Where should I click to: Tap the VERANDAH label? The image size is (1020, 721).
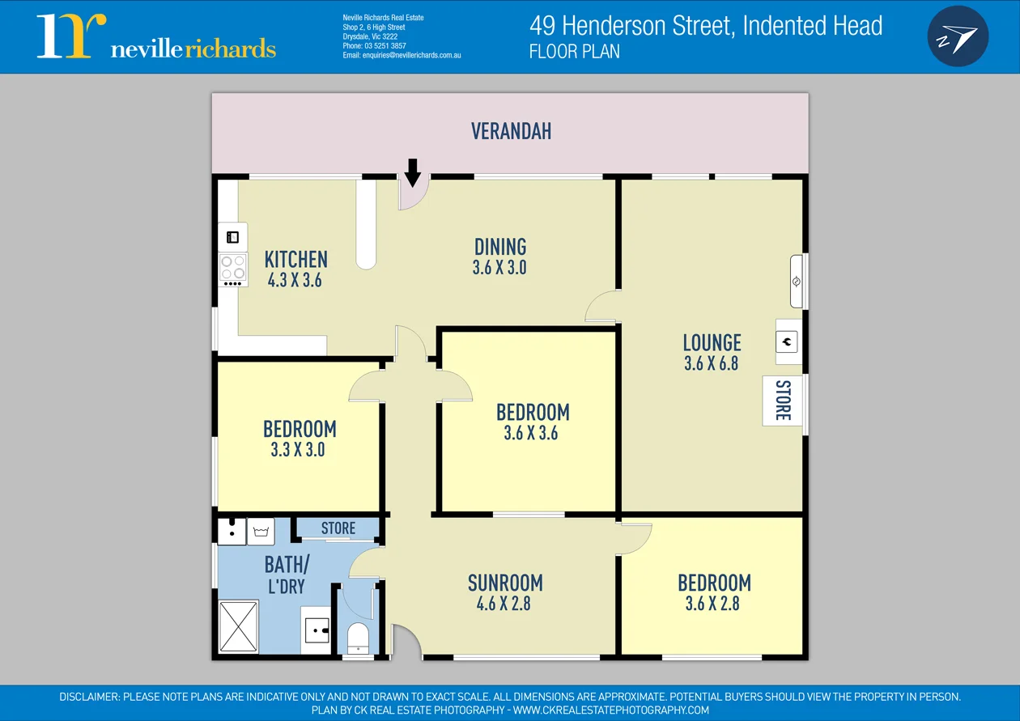pyautogui.click(x=511, y=131)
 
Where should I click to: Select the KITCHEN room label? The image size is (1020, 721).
pyautogui.click(x=296, y=260)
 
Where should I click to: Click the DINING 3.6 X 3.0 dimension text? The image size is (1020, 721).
pyautogui.click(x=499, y=268)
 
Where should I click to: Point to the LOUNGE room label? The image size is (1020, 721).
pyautogui.click(x=712, y=342)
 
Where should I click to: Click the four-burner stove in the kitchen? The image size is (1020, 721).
pyautogui.click(x=233, y=268)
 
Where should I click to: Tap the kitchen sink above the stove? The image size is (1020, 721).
pyautogui.click(x=232, y=237)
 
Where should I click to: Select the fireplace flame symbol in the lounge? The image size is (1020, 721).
pyautogui.click(x=787, y=341)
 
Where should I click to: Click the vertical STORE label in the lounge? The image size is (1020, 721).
pyautogui.click(x=783, y=401)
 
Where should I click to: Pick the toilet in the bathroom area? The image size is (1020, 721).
pyautogui.click(x=357, y=638)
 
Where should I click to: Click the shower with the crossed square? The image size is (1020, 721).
pyautogui.click(x=238, y=626)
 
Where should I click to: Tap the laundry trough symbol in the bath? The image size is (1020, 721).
pyautogui.click(x=261, y=532)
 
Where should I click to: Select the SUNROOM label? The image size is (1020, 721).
pyautogui.click(x=505, y=583)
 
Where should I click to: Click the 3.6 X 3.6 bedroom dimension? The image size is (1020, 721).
pyautogui.click(x=531, y=433)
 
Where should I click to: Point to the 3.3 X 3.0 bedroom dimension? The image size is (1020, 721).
pyautogui.click(x=298, y=450)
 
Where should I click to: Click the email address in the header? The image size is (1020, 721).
pyautogui.click(x=402, y=55)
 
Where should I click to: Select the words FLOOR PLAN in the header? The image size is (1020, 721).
pyautogui.click(x=574, y=52)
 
